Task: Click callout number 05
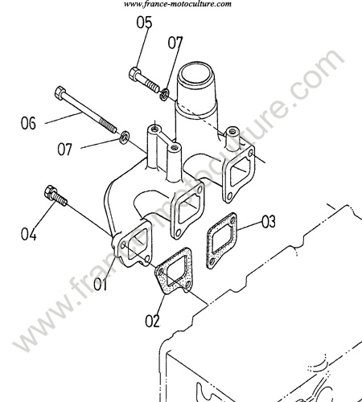point(144,23)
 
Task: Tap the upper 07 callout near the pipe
point(175,43)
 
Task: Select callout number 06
point(28,123)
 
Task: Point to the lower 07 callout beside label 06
point(65,149)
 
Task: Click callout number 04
point(29,234)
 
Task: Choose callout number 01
point(100,285)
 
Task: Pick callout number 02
point(152,321)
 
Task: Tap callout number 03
point(269,222)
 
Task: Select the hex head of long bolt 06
point(60,92)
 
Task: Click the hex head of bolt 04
point(49,191)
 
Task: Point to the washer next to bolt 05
point(164,94)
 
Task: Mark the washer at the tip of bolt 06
point(124,137)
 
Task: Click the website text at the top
point(178,4)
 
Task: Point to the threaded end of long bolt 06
point(108,126)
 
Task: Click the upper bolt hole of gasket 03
point(232,219)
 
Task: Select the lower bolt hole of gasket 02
point(188,284)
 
